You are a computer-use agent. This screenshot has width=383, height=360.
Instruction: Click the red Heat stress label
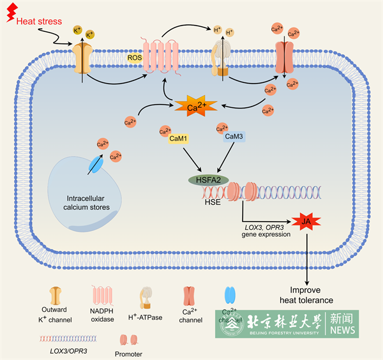[x=39, y=21]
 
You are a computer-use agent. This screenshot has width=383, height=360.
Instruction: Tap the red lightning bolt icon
[x=10, y=14]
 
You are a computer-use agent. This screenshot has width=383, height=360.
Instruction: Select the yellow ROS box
[x=135, y=58]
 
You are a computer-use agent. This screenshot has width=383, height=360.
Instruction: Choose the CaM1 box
[x=177, y=139]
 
